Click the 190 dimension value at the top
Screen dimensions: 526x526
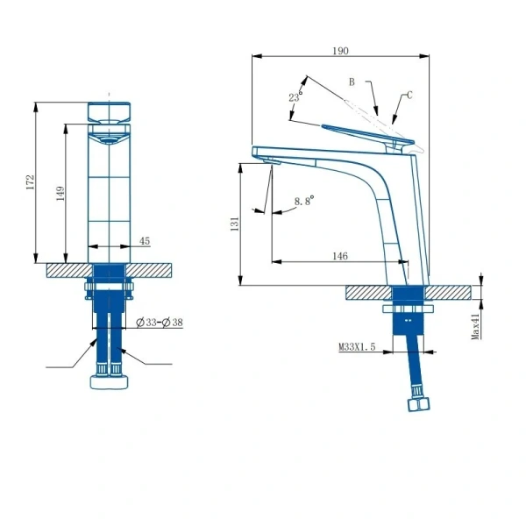(x=340, y=51)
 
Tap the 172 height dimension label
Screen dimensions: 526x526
(x=30, y=181)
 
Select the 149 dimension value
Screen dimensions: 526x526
(x=60, y=194)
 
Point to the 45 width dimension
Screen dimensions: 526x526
(x=145, y=241)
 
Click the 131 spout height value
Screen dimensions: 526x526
(x=235, y=224)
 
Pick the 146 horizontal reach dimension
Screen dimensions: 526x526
(x=340, y=256)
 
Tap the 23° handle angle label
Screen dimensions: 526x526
(x=295, y=96)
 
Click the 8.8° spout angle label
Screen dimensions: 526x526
(x=304, y=201)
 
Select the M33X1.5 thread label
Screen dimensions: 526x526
(x=357, y=347)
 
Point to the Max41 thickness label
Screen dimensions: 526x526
(x=475, y=326)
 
